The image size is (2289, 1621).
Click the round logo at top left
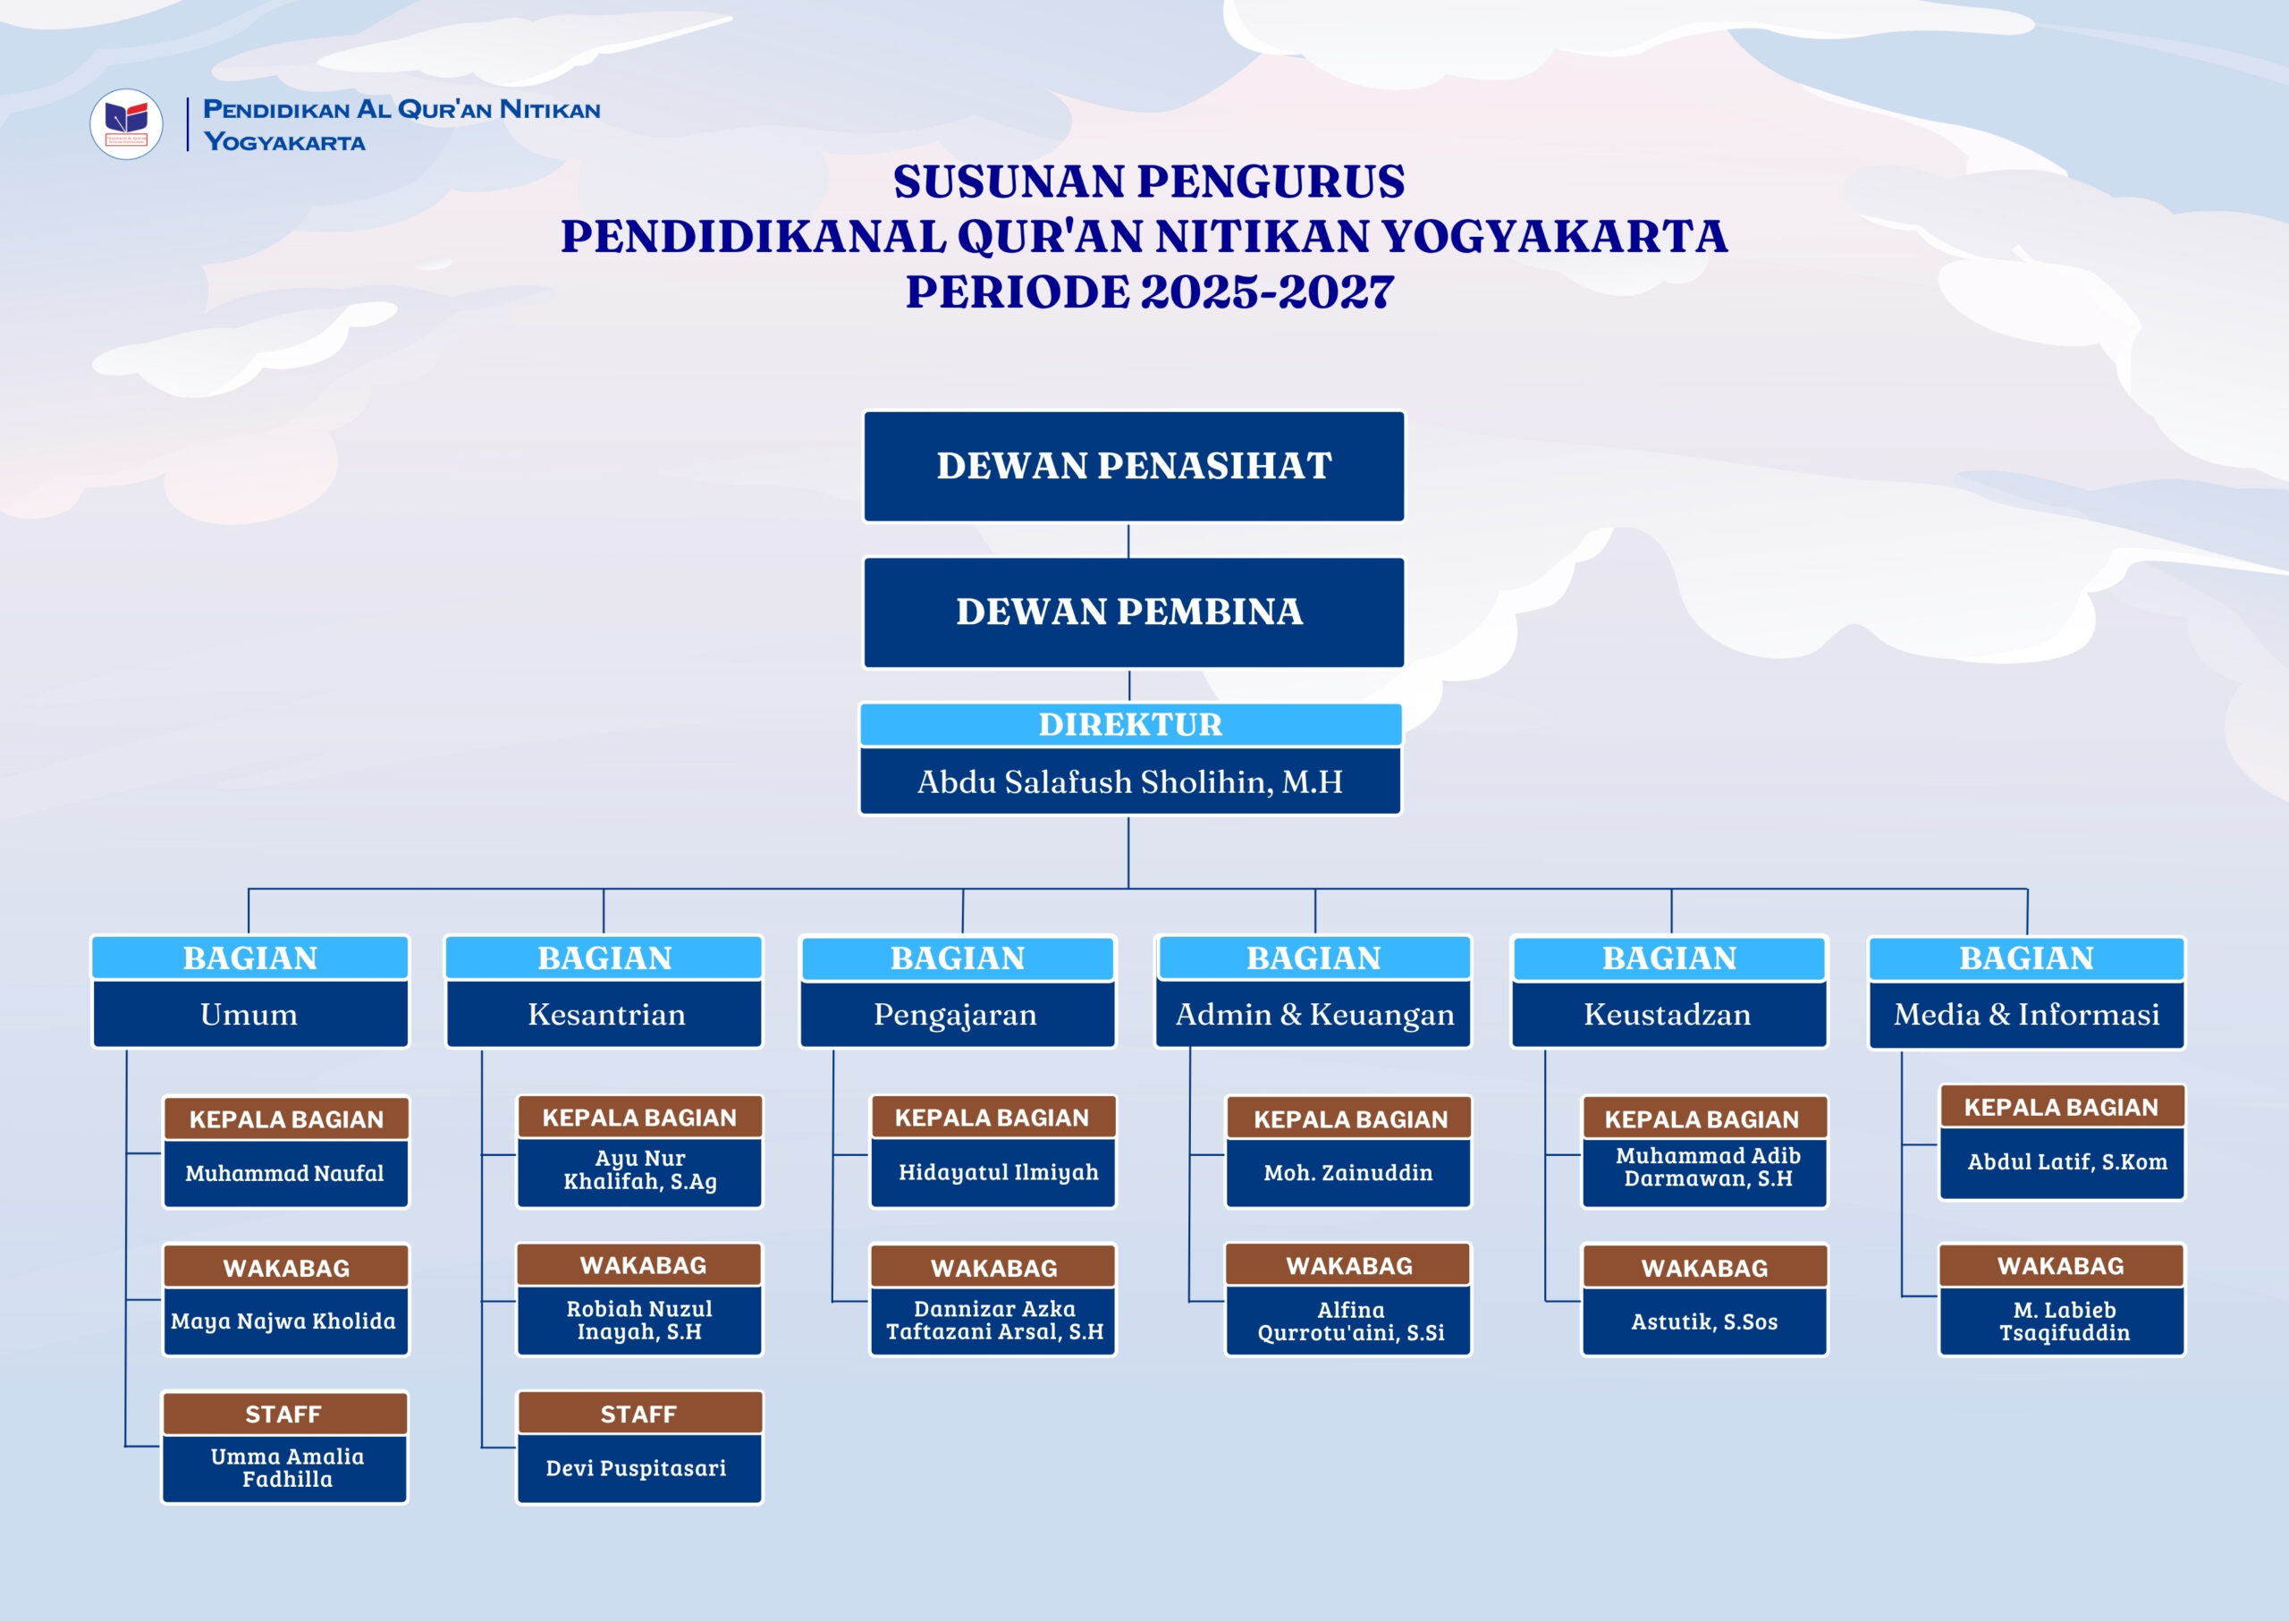pyautogui.click(x=126, y=125)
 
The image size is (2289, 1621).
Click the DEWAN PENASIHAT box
pyautogui.click(x=1133, y=466)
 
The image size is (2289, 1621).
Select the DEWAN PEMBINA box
pyautogui.click(x=1133, y=612)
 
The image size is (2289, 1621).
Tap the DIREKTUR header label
pyautogui.click(x=1130, y=724)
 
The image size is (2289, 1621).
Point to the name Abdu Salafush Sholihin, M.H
pyautogui.click(x=1130, y=781)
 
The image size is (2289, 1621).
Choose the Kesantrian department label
pyautogui.click(x=606, y=1014)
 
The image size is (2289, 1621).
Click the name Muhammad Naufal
pyautogui.click(x=284, y=1173)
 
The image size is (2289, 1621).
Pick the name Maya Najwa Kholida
pyautogui.click(x=283, y=1321)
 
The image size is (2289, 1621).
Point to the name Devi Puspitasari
pyautogui.click(x=636, y=1468)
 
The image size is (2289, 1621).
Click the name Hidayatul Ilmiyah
pyautogui.click(x=998, y=1172)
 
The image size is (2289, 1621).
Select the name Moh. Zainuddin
pyautogui.click(x=1347, y=1173)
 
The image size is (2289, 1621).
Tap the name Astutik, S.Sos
pyautogui.click(x=1704, y=1321)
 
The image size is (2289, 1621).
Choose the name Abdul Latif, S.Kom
pyautogui.click(x=2067, y=1161)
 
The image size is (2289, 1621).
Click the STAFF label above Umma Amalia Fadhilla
pyautogui.click(x=283, y=1414)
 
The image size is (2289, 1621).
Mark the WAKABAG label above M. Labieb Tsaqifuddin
pyautogui.click(x=2060, y=1266)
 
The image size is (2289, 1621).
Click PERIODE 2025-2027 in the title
pyautogui.click(x=1149, y=292)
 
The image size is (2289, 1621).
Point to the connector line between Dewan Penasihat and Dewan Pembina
pyautogui.click(x=1129, y=540)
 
